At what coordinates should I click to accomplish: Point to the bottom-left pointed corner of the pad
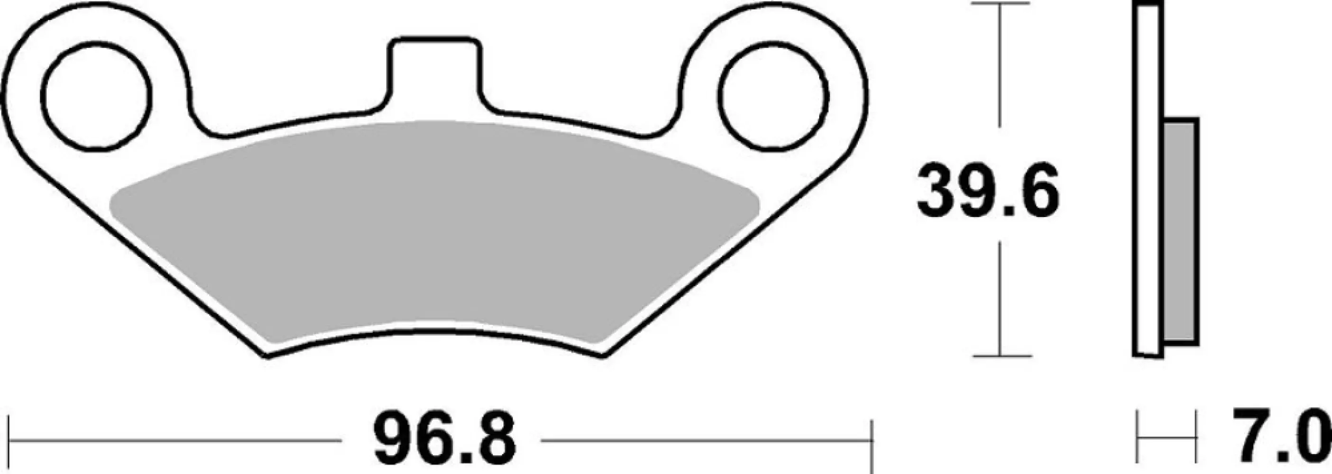[268, 355]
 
